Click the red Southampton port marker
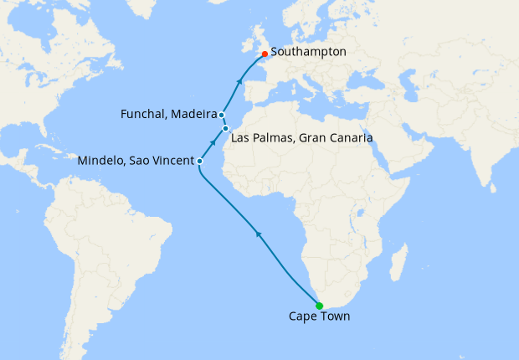pos(265,54)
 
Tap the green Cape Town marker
pos(319,305)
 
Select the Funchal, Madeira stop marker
pos(222,114)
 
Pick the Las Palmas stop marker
pos(226,129)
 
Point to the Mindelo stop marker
pos(199,160)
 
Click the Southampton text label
pos(308,52)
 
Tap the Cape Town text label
pos(319,316)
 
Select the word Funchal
pos(146,114)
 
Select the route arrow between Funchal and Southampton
pos(240,81)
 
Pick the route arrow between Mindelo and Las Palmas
pos(213,143)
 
